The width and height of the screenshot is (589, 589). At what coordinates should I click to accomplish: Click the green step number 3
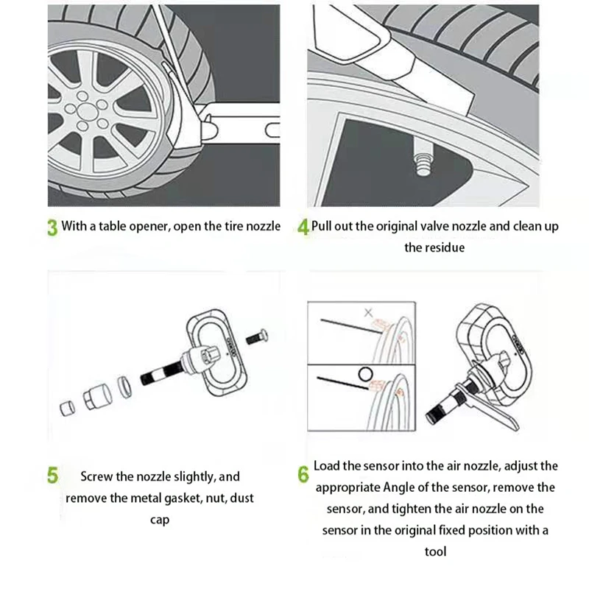tap(52, 228)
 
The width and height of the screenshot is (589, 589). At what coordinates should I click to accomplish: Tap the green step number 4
tap(303, 228)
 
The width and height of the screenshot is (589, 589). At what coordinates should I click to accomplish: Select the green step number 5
tap(52, 475)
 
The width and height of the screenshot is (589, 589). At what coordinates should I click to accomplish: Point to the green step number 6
tap(303, 474)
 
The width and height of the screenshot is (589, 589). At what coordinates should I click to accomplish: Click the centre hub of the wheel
tap(87, 111)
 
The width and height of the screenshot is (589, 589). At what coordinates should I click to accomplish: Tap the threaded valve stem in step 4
tap(423, 157)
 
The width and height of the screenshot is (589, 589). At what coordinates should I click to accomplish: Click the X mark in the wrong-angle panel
tap(369, 312)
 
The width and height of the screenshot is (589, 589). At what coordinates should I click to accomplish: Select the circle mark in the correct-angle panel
tap(365, 375)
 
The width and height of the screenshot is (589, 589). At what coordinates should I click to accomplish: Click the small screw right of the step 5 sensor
tap(257, 337)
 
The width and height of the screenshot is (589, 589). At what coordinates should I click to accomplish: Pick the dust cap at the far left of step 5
tap(67, 408)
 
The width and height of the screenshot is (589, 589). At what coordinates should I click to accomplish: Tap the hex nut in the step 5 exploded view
tap(97, 397)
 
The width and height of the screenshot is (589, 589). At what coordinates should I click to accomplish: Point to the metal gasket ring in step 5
tap(124, 387)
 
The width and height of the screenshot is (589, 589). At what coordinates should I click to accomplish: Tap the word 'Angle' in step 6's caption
tap(399, 487)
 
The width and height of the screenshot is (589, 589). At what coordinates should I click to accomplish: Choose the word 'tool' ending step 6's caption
tap(435, 551)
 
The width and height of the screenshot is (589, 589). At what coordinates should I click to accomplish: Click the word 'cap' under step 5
tap(160, 521)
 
